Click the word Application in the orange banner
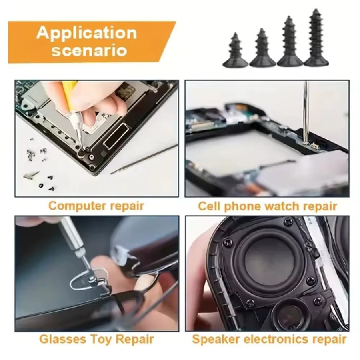(86, 33)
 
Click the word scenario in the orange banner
(89, 50)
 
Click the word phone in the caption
(243, 206)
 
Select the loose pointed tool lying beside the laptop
(144, 159)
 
